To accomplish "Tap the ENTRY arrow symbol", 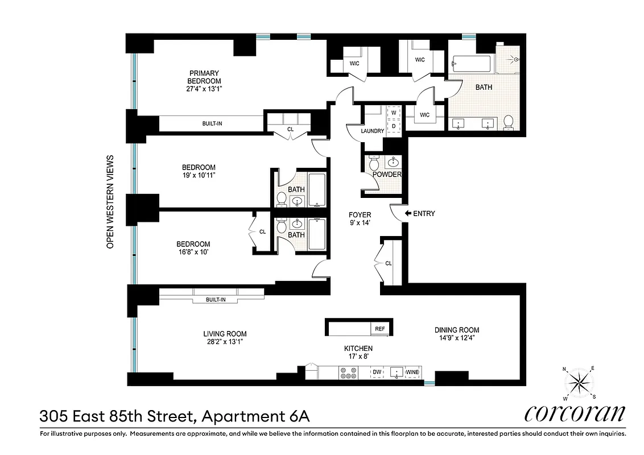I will click(407, 214).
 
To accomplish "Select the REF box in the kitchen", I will click(379, 329).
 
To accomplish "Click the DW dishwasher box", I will click(376, 373).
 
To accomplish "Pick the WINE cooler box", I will click(413, 373).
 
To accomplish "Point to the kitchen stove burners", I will click(348, 373).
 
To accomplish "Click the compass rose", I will click(580, 383).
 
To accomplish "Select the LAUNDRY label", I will click(373, 131).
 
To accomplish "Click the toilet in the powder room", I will click(375, 163).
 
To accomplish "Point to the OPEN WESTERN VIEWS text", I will click(111, 202).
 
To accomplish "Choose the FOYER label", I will click(360, 215).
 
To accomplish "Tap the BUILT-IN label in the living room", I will click(216, 299).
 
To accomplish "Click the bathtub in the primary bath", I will click(473, 64).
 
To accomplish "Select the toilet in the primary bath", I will click(509, 122).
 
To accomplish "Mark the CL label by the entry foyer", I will click(389, 263).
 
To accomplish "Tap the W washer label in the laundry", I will click(393, 113).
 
